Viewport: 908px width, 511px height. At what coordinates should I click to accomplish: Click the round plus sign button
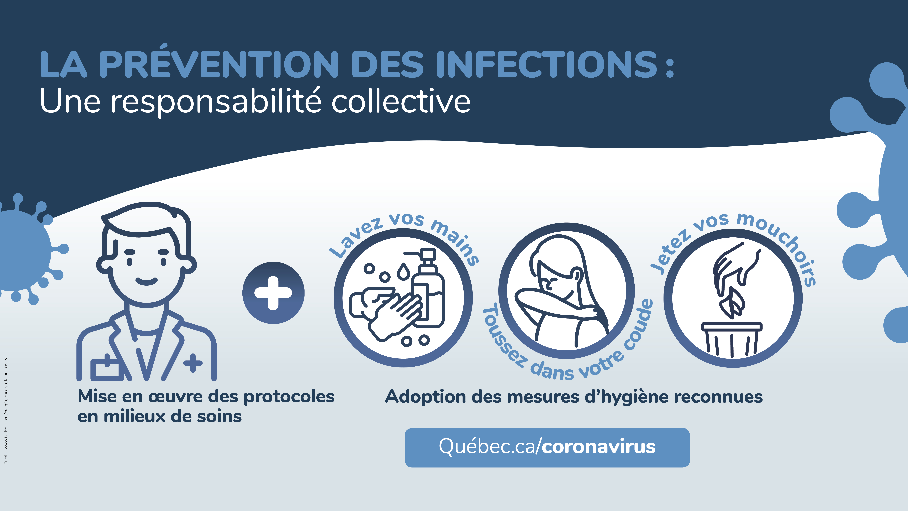pyautogui.click(x=273, y=293)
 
